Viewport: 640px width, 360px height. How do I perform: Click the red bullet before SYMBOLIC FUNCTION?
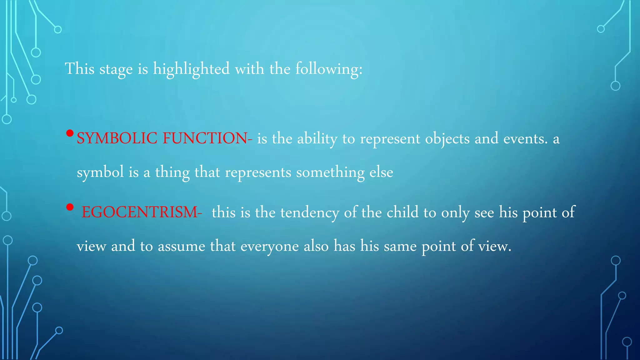(x=70, y=134)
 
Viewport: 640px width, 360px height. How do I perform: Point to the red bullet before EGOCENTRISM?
(x=70, y=207)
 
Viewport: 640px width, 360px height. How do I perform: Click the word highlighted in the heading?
(x=191, y=69)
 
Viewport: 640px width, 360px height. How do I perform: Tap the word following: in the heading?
(x=329, y=69)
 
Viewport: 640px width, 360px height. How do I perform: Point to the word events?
(x=525, y=138)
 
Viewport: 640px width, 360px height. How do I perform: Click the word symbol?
(x=100, y=172)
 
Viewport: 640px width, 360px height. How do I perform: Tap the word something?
(x=330, y=172)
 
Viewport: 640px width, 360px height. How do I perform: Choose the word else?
(x=381, y=172)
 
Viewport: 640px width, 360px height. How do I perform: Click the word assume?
(x=181, y=246)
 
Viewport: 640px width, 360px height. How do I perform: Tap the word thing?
(x=172, y=172)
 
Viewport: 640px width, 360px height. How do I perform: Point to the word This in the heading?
(x=80, y=69)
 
